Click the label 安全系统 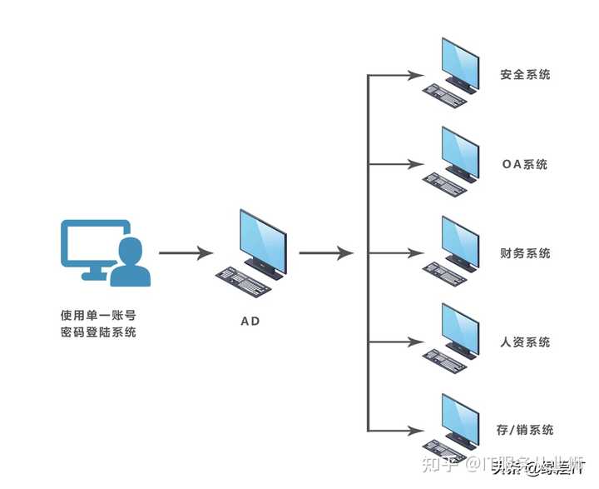[525, 75]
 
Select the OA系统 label [525, 164]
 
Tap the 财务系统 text [525, 253]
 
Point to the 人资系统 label [525, 342]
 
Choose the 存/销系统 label [525, 430]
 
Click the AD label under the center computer [250, 321]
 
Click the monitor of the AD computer [263, 241]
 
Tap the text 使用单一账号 [98, 316]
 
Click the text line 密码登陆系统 [98, 333]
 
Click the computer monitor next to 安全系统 [460, 62]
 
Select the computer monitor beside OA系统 [460, 152]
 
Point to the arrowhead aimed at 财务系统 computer [419, 253]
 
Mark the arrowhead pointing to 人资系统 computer [419, 342]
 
